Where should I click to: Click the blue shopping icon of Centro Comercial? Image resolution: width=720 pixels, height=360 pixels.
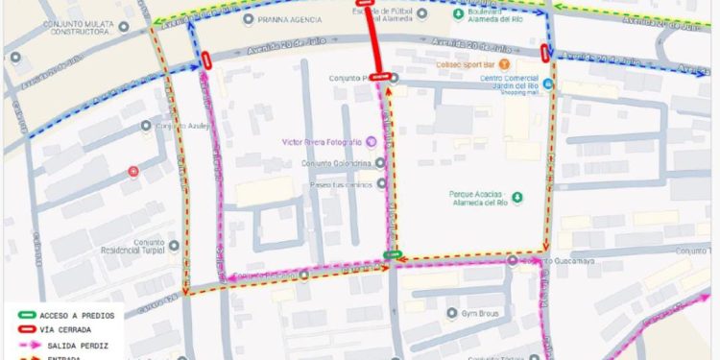coord(546,84)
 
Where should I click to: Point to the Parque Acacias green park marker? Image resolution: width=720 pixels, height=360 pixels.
coord(517,198)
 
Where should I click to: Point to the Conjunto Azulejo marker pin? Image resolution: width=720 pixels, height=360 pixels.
coord(148,126)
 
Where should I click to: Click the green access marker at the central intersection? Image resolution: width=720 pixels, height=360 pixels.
coord(392,253)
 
